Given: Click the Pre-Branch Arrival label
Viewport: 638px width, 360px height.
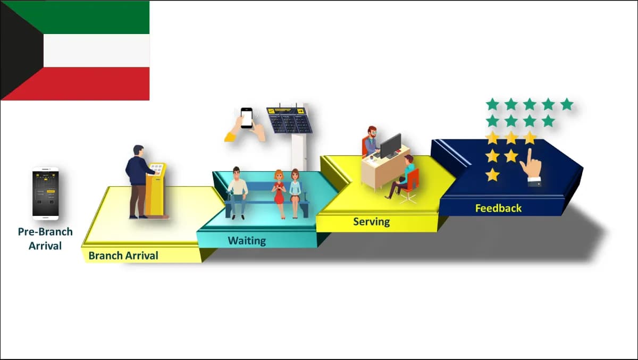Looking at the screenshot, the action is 45,239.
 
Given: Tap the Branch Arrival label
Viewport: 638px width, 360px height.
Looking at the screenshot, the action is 123,255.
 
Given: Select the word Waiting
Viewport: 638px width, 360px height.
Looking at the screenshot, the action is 247,241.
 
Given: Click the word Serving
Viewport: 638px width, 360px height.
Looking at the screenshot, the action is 372,222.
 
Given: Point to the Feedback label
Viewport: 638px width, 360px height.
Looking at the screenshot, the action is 499,208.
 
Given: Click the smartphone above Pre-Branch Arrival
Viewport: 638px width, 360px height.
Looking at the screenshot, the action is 46,194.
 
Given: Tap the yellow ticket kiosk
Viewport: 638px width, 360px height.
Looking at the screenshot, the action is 156,190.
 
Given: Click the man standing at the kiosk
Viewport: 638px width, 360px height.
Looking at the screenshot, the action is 139,182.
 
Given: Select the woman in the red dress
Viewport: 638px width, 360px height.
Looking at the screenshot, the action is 279,194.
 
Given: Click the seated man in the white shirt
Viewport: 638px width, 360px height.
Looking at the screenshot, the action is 237,193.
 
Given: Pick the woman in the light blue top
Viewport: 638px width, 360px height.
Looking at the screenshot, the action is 295,193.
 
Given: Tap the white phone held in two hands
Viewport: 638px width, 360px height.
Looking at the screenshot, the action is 246,118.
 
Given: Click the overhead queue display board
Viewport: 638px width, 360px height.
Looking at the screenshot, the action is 289,120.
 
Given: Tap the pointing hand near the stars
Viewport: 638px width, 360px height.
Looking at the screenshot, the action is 531,168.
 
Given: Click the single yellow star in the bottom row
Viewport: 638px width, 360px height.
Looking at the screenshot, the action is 492,174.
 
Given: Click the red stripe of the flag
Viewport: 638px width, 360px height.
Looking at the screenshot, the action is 86,83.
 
